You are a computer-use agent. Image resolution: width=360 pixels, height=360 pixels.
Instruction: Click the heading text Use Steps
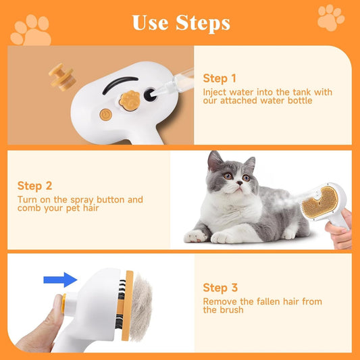180,22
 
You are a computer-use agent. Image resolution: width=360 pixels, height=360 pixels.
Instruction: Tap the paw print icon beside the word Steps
330,18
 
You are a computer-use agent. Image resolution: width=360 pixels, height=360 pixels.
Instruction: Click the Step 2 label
35,186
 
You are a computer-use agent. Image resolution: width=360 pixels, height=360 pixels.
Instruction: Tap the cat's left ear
215,161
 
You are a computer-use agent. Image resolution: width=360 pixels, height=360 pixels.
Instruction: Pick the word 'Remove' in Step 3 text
219,302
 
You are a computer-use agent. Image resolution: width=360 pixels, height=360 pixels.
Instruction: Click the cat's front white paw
196,236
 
